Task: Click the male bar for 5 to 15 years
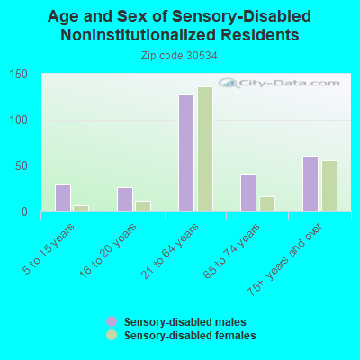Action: click(x=63, y=198)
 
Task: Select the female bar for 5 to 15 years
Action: click(x=81, y=209)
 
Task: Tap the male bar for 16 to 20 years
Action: click(x=125, y=200)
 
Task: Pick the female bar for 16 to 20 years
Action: click(x=143, y=206)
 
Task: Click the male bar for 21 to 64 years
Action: click(x=186, y=154)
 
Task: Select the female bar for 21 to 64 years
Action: click(x=205, y=149)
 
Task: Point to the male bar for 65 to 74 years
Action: click(x=248, y=193)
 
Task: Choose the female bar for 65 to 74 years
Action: click(x=267, y=204)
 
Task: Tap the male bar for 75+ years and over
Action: click(x=310, y=184)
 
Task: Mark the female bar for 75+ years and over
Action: click(x=329, y=186)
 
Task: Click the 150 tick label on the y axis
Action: click(x=18, y=75)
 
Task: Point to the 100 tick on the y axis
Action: click(x=18, y=121)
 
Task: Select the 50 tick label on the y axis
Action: click(x=22, y=166)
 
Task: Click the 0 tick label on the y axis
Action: click(x=24, y=212)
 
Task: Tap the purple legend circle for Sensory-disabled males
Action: click(x=112, y=321)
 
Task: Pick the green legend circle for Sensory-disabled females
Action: click(x=112, y=335)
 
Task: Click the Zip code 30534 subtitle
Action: click(x=179, y=56)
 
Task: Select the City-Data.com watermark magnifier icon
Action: click(x=229, y=83)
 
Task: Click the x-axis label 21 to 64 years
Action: click(x=170, y=251)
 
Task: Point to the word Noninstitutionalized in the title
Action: click(x=138, y=35)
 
